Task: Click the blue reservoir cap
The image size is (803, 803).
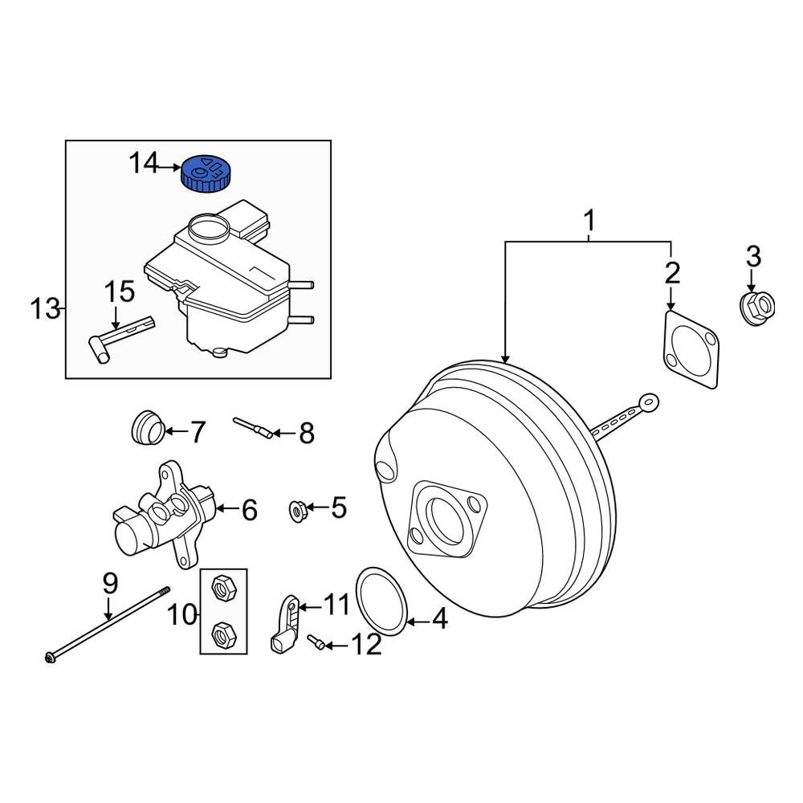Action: click(206, 173)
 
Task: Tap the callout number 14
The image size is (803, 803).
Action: click(144, 163)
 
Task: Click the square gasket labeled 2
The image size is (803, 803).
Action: click(691, 350)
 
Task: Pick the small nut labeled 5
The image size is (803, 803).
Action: click(298, 511)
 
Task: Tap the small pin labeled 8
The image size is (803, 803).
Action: click(252, 428)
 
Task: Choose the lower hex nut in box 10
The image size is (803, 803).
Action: click(223, 635)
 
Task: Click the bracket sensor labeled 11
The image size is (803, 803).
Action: click(285, 625)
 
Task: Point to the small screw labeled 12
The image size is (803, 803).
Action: click(316, 642)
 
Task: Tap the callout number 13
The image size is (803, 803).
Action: click(46, 309)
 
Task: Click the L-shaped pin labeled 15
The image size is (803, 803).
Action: click(121, 340)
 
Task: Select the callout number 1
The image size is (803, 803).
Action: click(589, 221)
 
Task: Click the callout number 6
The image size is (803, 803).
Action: click(250, 510)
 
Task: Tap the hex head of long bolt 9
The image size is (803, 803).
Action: click(50, 657)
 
